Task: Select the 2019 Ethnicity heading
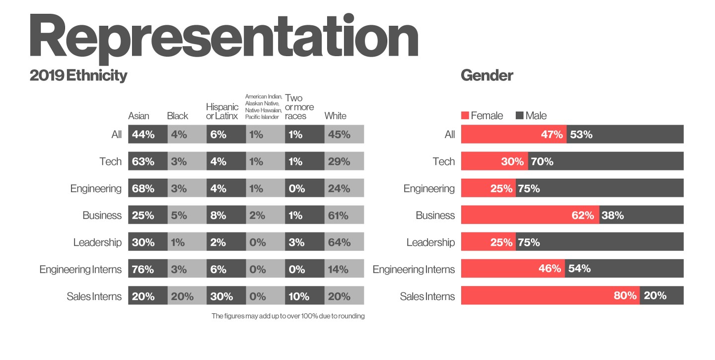pyautogui.click(x=78, y=75)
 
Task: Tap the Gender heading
pyautogui.click(x=487, y=75)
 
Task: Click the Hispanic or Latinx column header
pyautogui.click(x=222, y=111)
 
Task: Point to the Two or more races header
pyautogui.click(x=299, y=107)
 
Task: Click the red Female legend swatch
pyautogui.click(x=465, y=116)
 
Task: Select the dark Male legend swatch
pyautogui.click(x=520, y=116)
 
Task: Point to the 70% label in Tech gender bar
pyautogui.click(x=542, y=161)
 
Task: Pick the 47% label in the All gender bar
pyautogui.click(x=552, y=135)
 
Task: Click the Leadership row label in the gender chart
pyautogui.click(x=430, y=242)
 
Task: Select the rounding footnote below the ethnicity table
pyautogui.click(x=288, y=316)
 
